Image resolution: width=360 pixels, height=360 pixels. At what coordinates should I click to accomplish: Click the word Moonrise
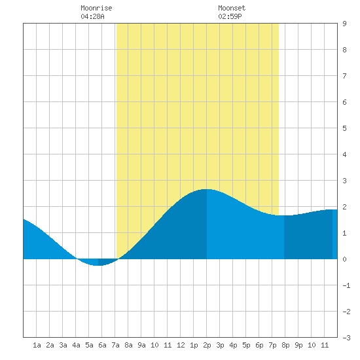96,8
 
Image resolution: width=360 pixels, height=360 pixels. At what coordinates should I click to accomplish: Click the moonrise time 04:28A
92,16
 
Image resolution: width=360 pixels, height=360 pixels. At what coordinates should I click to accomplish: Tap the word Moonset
232,8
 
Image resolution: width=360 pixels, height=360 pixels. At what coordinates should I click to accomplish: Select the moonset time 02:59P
230,16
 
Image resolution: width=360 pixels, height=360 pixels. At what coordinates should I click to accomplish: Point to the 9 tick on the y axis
344,24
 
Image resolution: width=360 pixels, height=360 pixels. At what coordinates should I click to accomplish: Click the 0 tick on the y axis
344,259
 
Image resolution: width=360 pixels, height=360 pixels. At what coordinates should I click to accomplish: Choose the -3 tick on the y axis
346,338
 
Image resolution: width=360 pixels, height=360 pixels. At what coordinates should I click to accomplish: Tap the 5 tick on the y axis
344,128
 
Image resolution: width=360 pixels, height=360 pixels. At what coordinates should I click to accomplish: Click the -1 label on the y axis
346,285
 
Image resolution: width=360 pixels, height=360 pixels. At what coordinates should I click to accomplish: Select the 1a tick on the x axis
37,345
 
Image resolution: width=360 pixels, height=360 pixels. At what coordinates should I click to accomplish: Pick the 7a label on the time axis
115,345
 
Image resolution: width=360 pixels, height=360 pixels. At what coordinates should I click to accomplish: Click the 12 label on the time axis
181,345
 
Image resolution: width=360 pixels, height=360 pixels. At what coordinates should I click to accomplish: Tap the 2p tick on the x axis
207,345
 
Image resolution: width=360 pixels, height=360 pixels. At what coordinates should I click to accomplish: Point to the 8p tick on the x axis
285,345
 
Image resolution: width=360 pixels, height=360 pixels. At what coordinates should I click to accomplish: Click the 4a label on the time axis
76,345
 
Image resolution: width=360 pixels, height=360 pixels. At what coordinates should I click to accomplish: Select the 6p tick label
259,345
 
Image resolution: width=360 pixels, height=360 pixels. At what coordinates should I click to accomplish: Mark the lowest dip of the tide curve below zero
97,265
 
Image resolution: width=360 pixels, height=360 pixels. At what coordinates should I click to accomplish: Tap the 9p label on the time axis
298,345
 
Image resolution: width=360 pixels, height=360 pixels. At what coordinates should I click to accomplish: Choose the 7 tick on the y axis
344,76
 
